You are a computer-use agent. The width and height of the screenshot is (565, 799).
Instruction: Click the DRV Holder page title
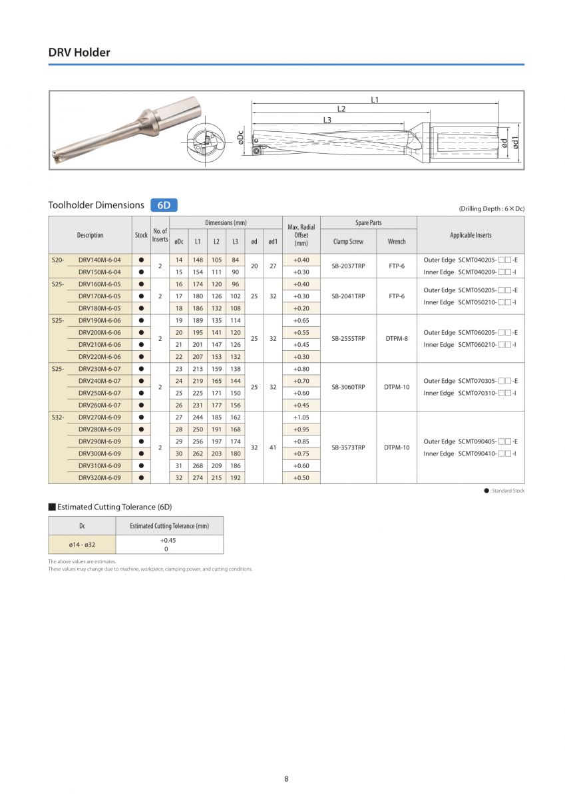(79, 52)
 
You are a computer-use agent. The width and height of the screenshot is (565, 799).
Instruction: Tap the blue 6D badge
(164, 205)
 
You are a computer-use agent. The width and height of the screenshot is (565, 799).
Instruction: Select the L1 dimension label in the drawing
(375, 99)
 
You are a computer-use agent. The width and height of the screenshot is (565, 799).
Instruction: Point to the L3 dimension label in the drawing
(327, 120)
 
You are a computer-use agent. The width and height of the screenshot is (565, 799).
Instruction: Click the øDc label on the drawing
(240, 137)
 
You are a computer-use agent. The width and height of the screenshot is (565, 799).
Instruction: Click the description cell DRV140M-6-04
(99, 260)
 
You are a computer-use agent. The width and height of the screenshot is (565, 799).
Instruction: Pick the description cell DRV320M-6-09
(99, 477)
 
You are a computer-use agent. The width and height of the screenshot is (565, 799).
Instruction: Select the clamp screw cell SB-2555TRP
(348, 338)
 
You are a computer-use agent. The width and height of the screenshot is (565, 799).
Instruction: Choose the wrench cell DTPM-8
(397, 338)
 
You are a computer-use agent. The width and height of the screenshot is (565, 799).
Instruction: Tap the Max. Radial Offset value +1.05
(301, 417)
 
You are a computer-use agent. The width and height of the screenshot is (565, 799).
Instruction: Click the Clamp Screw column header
(348, 242)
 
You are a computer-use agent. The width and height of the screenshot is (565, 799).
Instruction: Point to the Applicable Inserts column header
(471, 235)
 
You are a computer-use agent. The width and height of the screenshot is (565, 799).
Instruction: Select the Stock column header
(141, 235)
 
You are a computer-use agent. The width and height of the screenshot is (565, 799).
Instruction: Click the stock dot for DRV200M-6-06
(141, 332)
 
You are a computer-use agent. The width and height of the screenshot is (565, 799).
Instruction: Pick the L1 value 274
(198, 477)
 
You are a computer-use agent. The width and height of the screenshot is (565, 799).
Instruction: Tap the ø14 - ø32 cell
(82, 545)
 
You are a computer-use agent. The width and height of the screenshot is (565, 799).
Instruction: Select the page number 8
(286, 779)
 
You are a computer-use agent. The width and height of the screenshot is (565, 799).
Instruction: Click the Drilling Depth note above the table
(491, 208)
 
